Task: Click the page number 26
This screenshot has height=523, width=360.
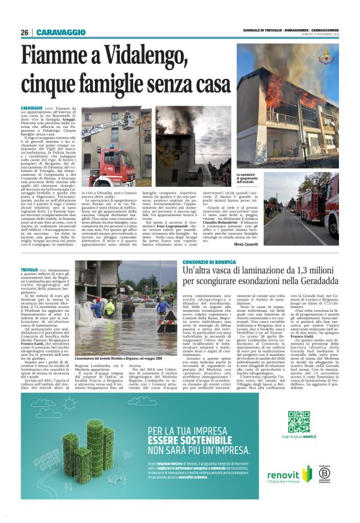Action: pos(24,32)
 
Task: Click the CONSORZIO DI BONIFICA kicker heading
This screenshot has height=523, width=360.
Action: pos(218,263)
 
